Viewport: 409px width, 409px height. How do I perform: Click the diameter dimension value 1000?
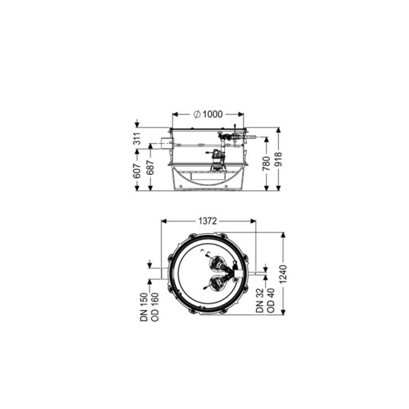point(213,115)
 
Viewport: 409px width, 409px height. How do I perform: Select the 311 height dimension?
point(137,138)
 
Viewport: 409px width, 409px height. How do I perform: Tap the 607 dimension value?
point(137,171)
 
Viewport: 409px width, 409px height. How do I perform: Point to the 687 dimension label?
point(151,168)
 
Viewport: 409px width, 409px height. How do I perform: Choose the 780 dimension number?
point(266,164)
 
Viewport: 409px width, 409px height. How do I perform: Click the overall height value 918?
point(279,160)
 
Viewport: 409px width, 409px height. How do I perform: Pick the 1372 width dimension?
point(208,221)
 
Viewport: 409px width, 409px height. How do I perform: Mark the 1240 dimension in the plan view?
point(284,274)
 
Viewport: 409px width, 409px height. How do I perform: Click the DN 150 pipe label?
point(145,307)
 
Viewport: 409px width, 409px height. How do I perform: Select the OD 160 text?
point(155,307)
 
